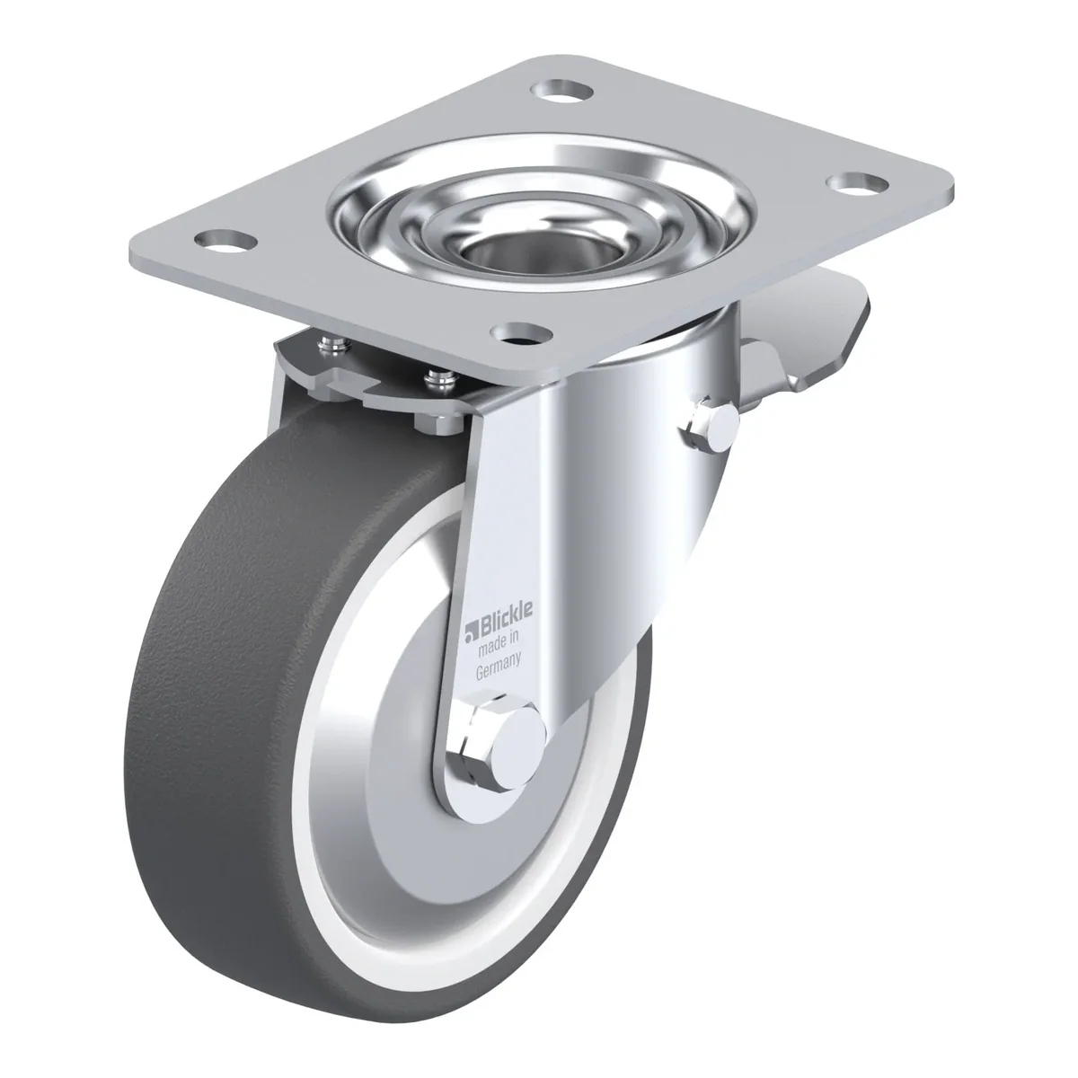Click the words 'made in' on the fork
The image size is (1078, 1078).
(x=499, y=647)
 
